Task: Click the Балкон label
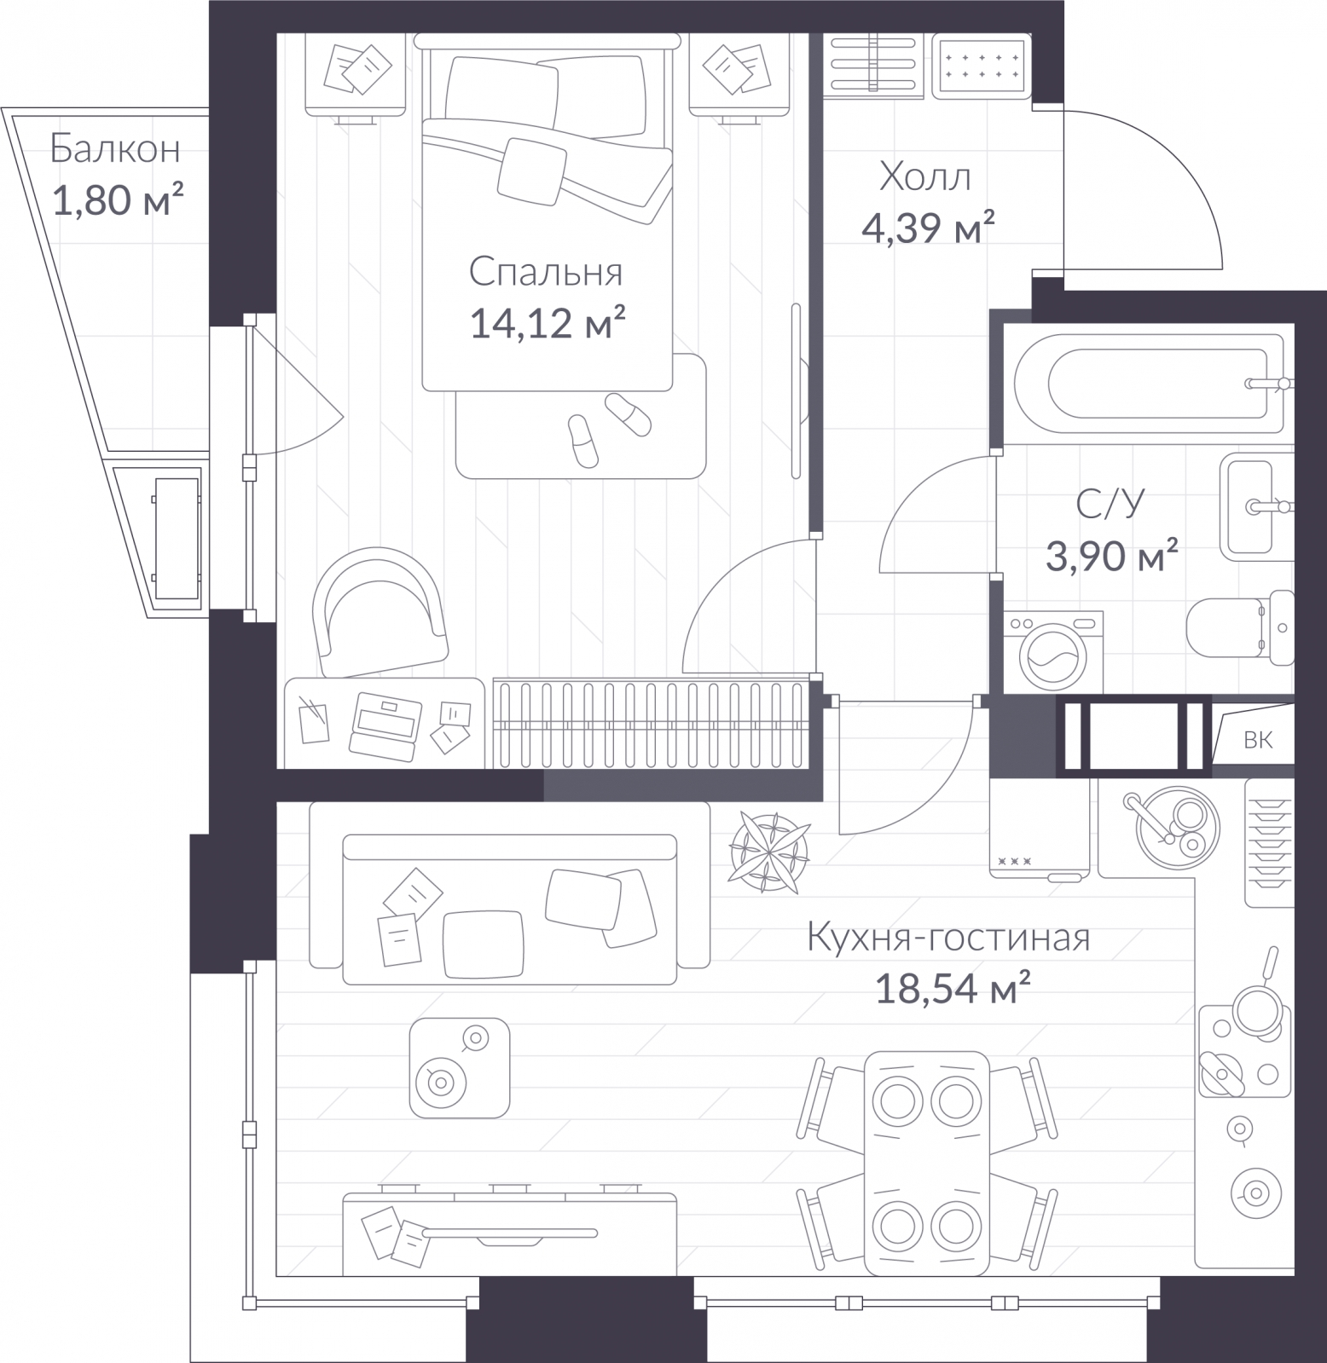click(115, 149)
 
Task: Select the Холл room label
click(924, 178)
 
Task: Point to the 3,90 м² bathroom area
click(1111, 558)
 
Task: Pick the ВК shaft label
click(1258, 740)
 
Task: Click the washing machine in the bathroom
click(1053, 651)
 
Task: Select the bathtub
click(1147, 383)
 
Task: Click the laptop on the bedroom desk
click(385, 725)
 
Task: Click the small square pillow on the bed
click(532, 170)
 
